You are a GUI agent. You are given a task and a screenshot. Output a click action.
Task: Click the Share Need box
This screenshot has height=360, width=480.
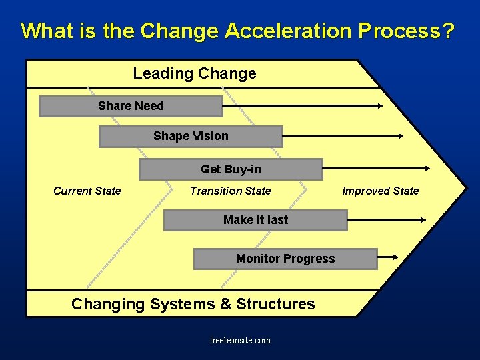pyautogui.click(x=131, y=106)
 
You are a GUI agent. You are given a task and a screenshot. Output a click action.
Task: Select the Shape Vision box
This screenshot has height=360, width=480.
pyautogui.click(x=191, y=136)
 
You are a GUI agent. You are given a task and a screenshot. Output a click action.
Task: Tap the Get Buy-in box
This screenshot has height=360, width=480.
pyautogui.click(x=231, y=169)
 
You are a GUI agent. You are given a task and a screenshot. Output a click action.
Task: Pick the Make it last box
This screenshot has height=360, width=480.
pyautogui.click(x=255, y=220)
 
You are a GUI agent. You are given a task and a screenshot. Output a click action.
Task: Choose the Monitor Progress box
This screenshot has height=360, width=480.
pyautogui.click(x=285, y=259)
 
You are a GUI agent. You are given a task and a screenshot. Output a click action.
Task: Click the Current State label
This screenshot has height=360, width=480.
pyautogui.click(x=87, y=191)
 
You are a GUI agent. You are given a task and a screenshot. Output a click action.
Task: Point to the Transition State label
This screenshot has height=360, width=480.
pyautogui.click(x=230, y=191)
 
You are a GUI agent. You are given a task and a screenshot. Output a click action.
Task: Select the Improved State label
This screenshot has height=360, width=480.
pyautogui.click(x=380, y=191)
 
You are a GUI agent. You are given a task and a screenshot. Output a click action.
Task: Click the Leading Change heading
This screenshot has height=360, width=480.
pyautogui.click(x=194, y=73)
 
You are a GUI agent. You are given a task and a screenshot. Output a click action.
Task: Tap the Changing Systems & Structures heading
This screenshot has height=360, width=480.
pyautogui.click(x=193, y=304)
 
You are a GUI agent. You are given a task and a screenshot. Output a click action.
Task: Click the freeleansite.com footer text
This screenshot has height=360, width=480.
pyautogui.click(x=240, y=340)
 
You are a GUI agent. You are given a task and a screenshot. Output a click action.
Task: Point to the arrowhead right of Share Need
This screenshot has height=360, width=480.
pyautogui.click(x=379, y=105)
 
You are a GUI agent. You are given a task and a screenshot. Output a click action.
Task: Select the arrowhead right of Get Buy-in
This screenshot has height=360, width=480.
pyautogui.click(x=426, y=169)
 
